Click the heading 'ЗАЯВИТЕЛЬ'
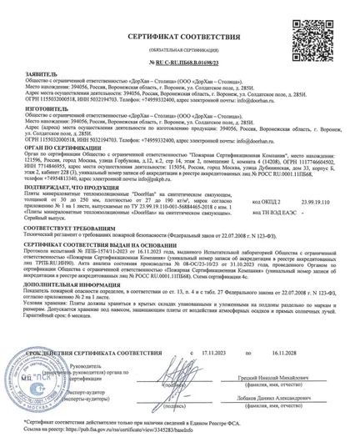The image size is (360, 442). (x=37, y=73)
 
